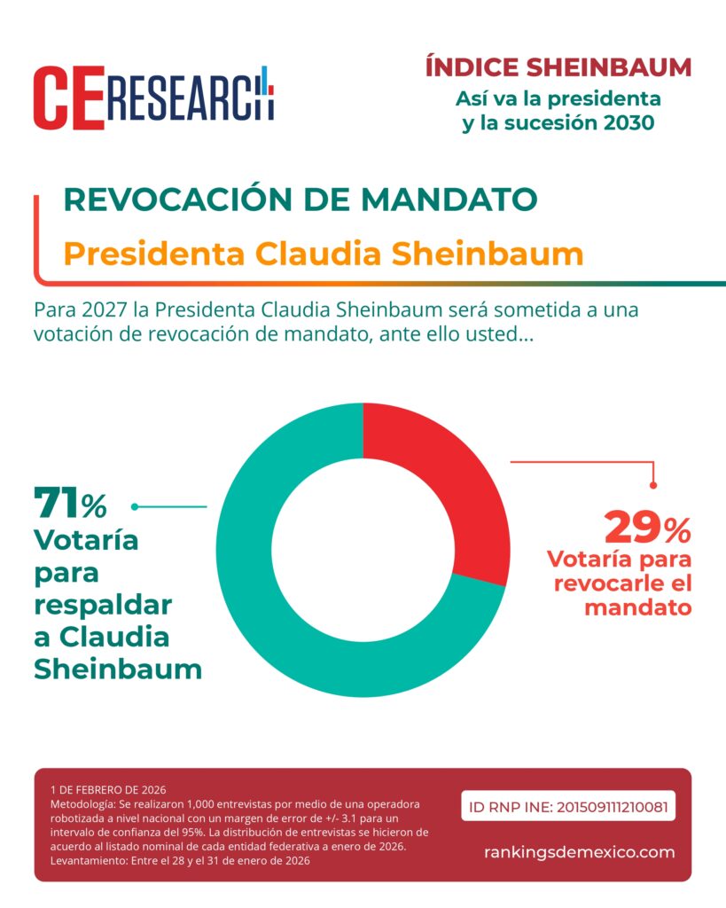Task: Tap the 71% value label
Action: click(x=70, y=505)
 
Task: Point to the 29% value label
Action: click(x=646, y=528)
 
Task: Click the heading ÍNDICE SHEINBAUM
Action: click(x=558, y=67)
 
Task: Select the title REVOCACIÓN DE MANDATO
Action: click(x=301, y=200)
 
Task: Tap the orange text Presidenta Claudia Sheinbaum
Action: click(x=324, y=254)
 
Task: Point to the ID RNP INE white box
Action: click(x=568, y=807)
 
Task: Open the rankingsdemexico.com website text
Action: click(x=579, y=852)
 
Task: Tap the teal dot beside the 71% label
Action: click(x=135, y=506)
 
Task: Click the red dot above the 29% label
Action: click(x=653, y=484)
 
